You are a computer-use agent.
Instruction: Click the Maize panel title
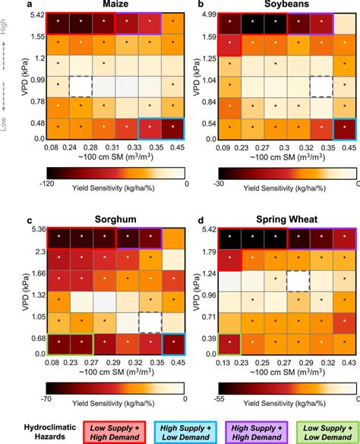click(x=116, y=5)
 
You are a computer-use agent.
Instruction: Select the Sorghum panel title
click(x=116, y=220)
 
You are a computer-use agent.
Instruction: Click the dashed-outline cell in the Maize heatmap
click(x=80, y=86)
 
